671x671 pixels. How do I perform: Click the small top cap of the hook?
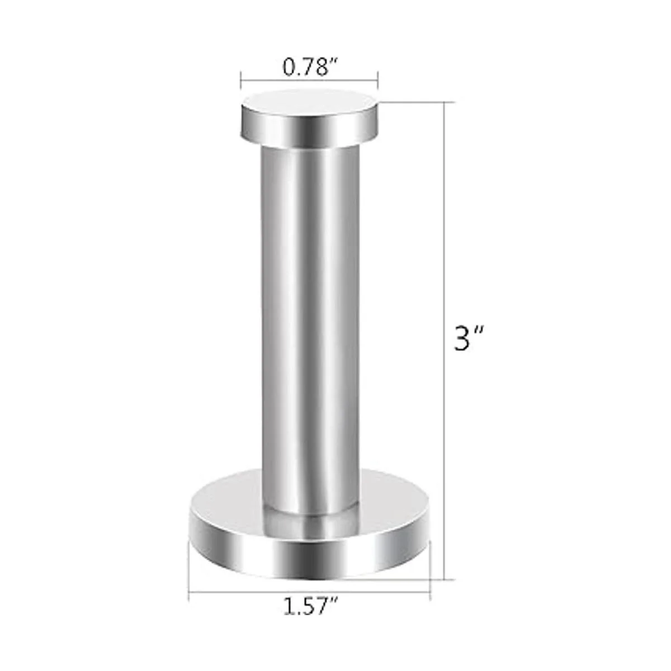(x=309, y=119)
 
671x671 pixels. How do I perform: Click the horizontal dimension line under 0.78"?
(x=309, y=81)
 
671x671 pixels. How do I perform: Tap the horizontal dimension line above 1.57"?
(x=310, y=590)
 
